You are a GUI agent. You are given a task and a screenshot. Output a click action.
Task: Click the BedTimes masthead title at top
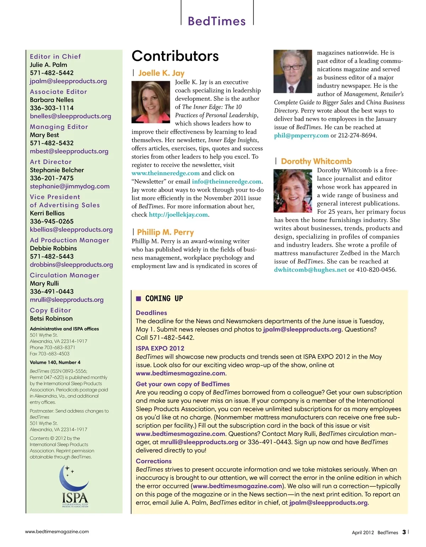click(x=217, y=21)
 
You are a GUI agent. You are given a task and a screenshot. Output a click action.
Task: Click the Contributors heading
click(x=175, y=56)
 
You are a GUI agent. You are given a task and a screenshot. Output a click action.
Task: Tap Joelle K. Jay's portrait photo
click(x=151, y=102)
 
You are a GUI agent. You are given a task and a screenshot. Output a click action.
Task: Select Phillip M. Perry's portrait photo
click(x=293, y=71)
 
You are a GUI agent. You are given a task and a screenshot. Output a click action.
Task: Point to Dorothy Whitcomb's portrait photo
click(x=293, y=191)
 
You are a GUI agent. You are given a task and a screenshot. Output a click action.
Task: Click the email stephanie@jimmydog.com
click(x=70, y=186)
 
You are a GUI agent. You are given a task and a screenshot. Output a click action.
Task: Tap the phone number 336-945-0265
click(x=52, y=222)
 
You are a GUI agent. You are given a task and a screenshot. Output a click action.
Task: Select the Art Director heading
click(x=51, y=162)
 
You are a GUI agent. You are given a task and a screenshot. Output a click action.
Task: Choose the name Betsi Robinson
click(x=51, y=319)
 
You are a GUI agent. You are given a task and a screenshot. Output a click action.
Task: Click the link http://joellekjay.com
click(x=179, y=215)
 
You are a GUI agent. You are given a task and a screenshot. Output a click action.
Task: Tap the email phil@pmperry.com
click(x=301, y=135)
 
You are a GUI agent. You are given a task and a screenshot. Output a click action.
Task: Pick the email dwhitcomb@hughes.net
click(x=310, y=270)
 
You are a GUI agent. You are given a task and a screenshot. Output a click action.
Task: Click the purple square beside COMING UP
click(x=139, y=299)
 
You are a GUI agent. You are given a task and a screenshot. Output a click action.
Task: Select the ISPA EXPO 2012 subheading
click(x=160, y=348)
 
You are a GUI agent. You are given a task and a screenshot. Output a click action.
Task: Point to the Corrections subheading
click(x=154, y=461)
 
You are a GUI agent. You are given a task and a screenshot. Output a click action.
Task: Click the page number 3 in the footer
click(x=404, y=532)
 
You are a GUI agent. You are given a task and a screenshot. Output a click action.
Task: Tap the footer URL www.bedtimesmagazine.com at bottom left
click(x=57, y=532)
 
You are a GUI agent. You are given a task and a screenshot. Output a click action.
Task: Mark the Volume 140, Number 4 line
click(x=55, y=363)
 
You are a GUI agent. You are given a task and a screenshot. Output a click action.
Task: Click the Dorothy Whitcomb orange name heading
click(x=316, y=162)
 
